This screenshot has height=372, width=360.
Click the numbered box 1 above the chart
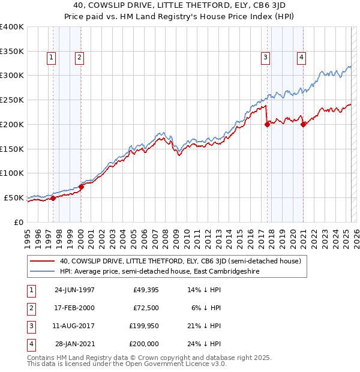51,58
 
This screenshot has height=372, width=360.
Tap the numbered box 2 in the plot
79,58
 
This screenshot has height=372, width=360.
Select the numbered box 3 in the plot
265,58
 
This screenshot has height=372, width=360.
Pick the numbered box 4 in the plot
301,58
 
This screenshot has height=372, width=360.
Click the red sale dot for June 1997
53,198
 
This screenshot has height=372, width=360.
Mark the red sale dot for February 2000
81,187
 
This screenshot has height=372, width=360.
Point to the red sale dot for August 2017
267,125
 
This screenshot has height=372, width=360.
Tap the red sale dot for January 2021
304,125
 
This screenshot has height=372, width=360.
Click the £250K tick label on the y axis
11,100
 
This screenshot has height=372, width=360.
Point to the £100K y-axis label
11,173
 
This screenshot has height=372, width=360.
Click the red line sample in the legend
43,261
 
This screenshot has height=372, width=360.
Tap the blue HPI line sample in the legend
43,271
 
